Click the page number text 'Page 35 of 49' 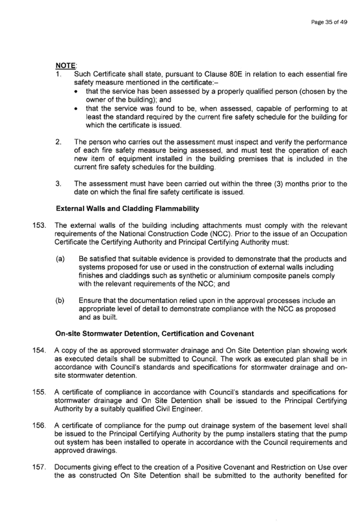(329, 22)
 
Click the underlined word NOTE (65, 65)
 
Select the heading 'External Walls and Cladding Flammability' (127, 209)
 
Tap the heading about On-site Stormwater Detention (155, 334)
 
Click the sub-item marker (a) (60, 259)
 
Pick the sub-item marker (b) (60, 301)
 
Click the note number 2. (59, 142)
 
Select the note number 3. (59, 184)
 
